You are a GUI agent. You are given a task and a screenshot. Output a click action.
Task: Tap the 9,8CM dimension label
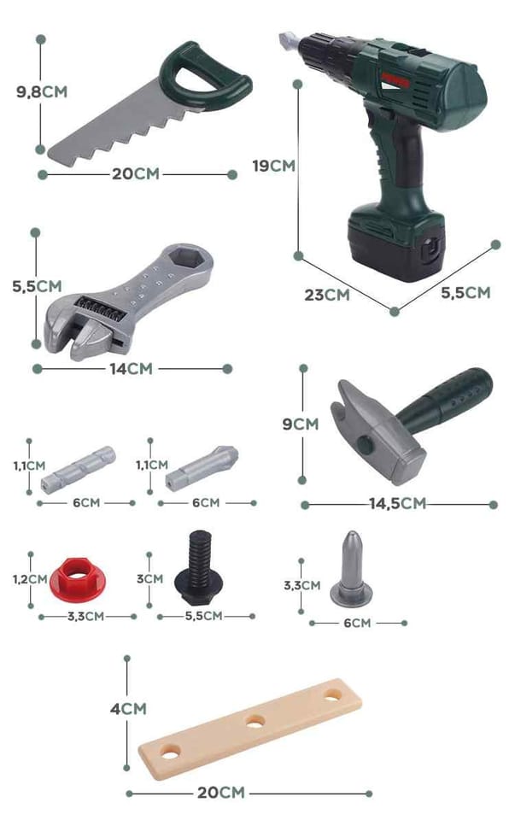[x=42, y=92]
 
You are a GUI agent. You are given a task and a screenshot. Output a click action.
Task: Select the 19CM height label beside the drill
[x=273, y=166]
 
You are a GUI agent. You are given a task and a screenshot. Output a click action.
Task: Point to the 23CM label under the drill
[x=327, y=295]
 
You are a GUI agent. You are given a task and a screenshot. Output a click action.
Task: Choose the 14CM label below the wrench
[x=131, y=369]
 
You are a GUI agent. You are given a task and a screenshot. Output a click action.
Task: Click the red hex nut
[x=78, y=578]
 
